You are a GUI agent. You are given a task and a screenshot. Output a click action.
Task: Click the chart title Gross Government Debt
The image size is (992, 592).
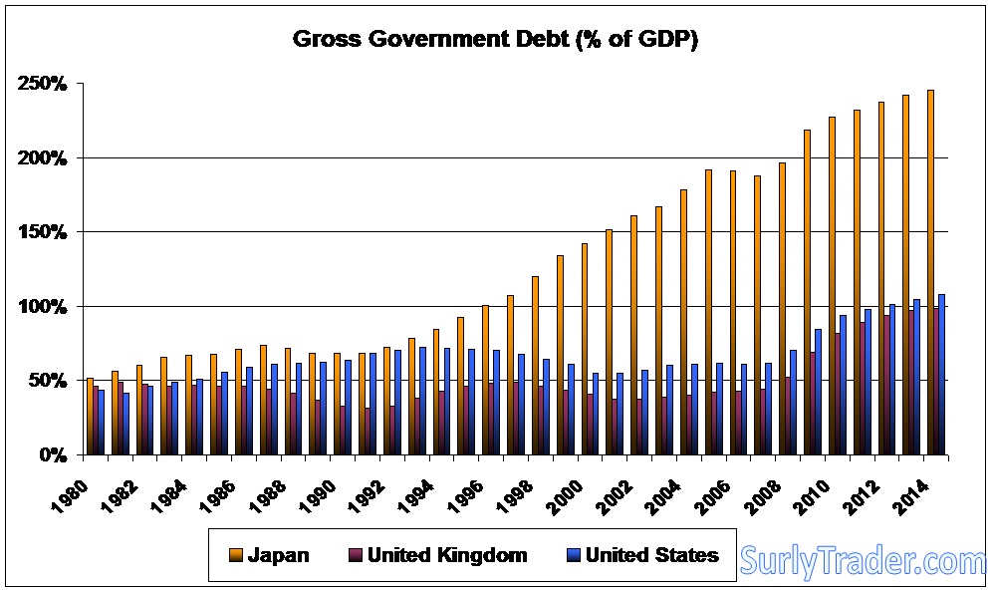click(494, 40)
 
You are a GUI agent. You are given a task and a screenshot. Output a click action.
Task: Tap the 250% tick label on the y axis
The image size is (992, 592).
click(42, 84)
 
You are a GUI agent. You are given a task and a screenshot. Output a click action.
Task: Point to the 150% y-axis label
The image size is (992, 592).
click(42, 232)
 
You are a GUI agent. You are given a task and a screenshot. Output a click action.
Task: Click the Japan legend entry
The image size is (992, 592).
click(277, 555)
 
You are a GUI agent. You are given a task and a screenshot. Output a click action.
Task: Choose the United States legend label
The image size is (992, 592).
click(651, 555)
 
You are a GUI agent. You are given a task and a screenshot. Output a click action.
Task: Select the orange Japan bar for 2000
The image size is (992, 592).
click(585, 349)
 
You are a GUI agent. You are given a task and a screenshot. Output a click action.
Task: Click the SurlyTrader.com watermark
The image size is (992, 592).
click(863, 562)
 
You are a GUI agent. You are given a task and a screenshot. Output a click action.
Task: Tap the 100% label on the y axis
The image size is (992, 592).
click(42, 306)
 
